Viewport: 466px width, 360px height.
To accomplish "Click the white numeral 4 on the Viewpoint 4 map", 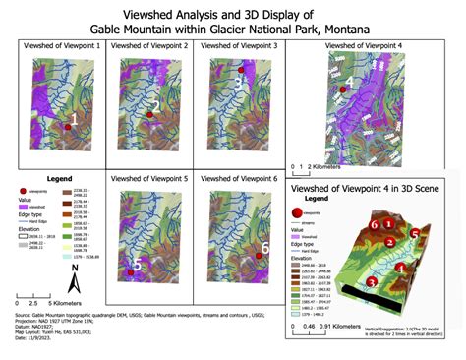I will point(350,83).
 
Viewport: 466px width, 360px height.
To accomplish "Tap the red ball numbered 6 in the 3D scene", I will point(374,224).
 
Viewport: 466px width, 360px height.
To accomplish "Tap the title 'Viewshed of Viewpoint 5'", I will point(151,179).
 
